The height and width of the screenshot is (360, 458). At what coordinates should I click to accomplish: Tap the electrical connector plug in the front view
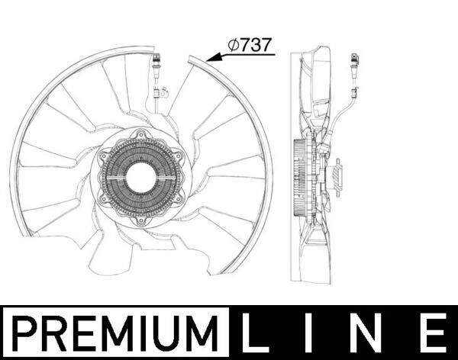(156, 63)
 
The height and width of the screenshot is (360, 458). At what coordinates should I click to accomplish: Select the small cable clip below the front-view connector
(159, 95)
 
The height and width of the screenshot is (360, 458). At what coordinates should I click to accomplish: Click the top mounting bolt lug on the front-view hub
(139, 134)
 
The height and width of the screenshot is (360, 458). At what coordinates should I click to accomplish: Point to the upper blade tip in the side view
(321, 53)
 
